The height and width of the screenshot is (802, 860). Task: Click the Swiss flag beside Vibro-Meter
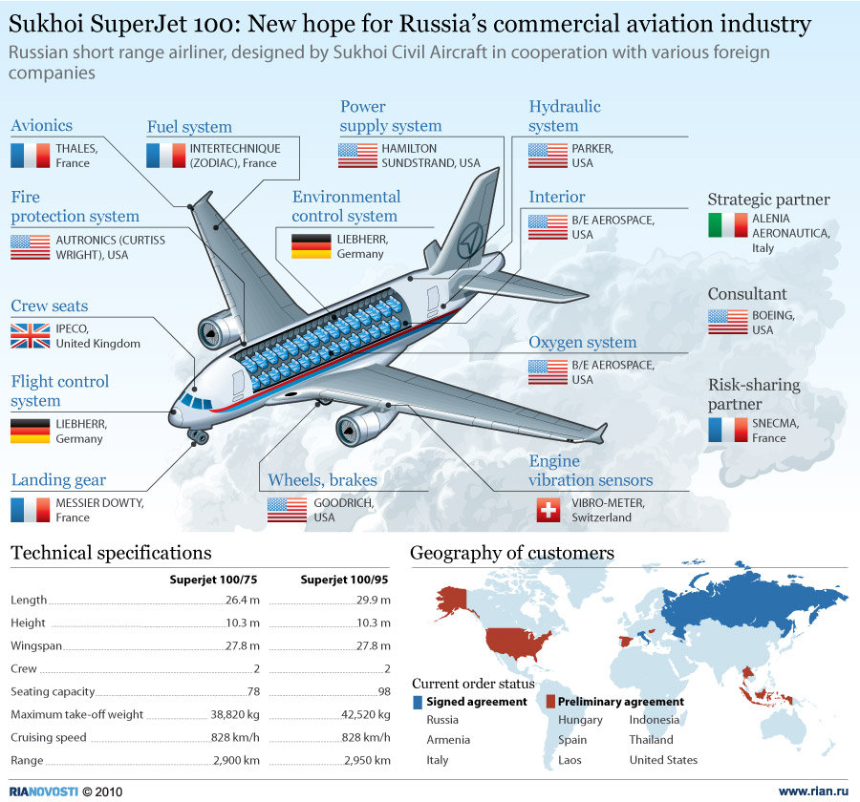click(548, 510)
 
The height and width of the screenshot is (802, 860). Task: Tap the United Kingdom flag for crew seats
click(30, 335)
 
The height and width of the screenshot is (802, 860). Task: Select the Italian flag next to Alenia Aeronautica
click(727, 225)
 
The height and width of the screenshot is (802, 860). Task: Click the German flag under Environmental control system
click(311, 246)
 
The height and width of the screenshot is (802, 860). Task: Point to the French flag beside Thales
click(30, 155)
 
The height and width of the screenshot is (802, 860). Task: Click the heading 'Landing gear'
click(58, 480)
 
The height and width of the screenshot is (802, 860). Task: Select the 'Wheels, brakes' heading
click(322, 480)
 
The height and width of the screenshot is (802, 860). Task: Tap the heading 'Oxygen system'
click(582, 343)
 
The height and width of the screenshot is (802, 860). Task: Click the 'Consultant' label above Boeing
click(747, 294)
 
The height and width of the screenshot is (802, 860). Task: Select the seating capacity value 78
click(253, 691)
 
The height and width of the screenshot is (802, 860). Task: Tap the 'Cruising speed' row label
click(49, 737)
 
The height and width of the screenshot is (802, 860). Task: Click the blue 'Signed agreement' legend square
click(418, 702)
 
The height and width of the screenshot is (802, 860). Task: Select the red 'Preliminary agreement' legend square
click(550, 702)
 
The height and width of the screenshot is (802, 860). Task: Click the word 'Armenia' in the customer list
click(448, 740)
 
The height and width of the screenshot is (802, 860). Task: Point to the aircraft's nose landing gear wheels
click(199, 437)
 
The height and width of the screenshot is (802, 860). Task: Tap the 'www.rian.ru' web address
click(813, 791)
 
